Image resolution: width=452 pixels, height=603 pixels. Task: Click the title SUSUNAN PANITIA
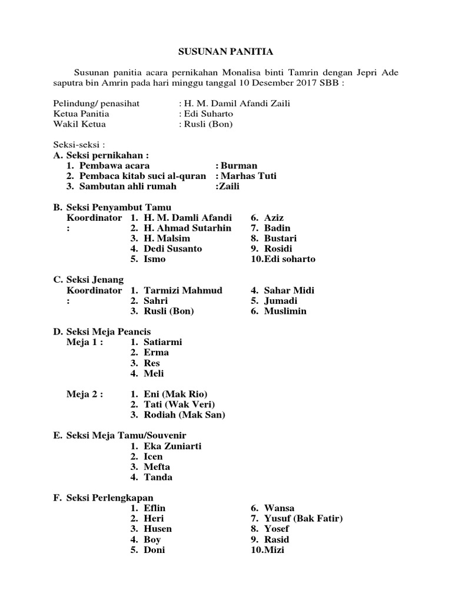point(226,52)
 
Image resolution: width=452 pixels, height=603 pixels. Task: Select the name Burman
point(238,166)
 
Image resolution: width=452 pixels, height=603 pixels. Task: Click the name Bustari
point(280,238)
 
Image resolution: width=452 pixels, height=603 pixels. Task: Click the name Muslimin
point(285,311)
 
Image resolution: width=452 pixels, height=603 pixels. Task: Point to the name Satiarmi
point(163,342)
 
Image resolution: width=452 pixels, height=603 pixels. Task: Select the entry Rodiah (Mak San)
point(184,415)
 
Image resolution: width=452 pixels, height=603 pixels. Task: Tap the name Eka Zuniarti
point(172,446)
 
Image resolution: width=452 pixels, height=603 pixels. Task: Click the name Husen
point(158,529)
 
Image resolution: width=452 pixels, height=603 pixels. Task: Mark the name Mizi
point(274,550)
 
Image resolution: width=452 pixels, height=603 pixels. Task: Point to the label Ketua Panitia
point(81,114)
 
